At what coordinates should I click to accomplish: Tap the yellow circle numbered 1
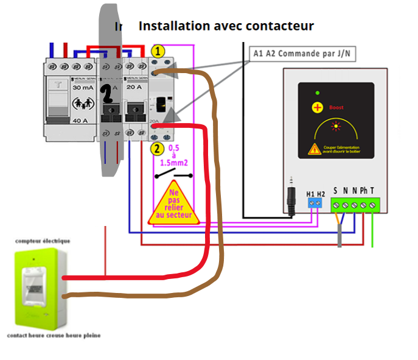(x=158, y=52)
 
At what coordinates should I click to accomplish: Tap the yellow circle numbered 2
(x=156, y=148)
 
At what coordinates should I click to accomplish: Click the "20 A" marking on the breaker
(x=134, y=87)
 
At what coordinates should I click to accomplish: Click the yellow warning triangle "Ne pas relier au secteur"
(x=173, y=203)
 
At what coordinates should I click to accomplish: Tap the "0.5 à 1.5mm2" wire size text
(x=173, y=155)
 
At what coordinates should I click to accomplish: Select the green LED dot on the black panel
(x=316, y=93)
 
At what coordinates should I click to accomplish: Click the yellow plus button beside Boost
(x=317, y=108)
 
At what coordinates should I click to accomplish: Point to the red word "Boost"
(x=336, y=108)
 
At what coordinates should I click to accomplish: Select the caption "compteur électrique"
(x=43, y=241)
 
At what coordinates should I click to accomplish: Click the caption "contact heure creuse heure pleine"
(x=54, y=336)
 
